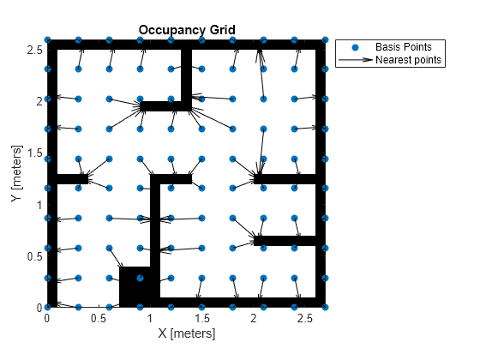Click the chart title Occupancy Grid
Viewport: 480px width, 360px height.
tap(187, 30)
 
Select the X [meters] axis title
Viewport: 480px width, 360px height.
tap(187, 333)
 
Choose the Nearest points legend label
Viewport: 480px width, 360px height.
tap(409, 60)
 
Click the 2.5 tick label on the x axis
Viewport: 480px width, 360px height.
tap(305, 318)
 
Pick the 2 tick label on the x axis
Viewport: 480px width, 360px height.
tap(254, 318)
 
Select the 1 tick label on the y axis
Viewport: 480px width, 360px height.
tap(39, 206)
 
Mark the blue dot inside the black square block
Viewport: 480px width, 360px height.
tap(141, 278)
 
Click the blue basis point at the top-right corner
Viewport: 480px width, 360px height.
tap(326, 40)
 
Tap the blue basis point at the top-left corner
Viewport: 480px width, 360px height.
tap(48, 40)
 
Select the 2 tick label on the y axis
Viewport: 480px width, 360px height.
tap(39, 102)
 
